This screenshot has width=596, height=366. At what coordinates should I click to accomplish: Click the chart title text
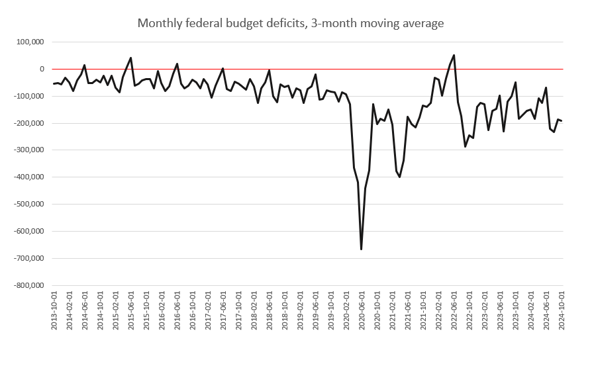pyautogui.click(x=290, y=23)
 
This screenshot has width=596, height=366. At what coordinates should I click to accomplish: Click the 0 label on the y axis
pyautogui.click(x=41, y=69)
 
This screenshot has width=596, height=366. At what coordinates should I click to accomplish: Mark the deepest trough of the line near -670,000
pyautogui.click(x=361, y=250)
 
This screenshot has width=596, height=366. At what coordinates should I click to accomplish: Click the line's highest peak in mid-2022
pyautogui.click(x=454, y=55)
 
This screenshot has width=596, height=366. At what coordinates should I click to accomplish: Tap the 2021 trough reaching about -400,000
pyautogui.click(x=399, y=177)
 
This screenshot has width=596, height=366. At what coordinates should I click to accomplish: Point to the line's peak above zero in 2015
pyautogui.click(x=130, y=58)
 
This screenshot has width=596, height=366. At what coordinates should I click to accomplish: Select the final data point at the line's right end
pyautogui.click(x=562, y=120)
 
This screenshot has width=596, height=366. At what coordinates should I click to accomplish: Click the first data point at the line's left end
pyautogui.click(x=54, y=83)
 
